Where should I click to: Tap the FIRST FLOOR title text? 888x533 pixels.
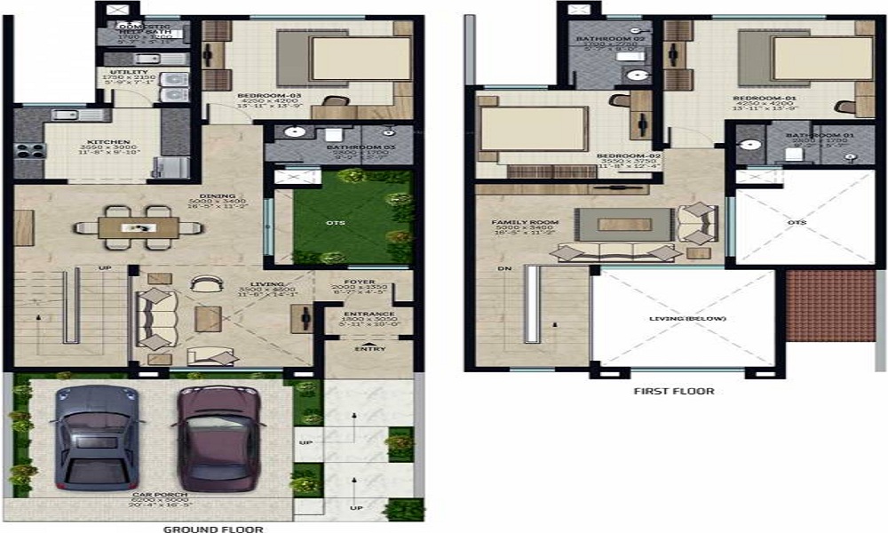(x=673, y=390)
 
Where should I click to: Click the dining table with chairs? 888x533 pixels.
(x=147, y=227)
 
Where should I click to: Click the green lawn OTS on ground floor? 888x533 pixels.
(x=341, y=218)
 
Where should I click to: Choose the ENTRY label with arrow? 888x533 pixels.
(x=368, y=348)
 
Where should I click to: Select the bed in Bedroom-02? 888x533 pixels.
(x=533, y=131)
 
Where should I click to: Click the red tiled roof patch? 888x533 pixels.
(x=831, y=306)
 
